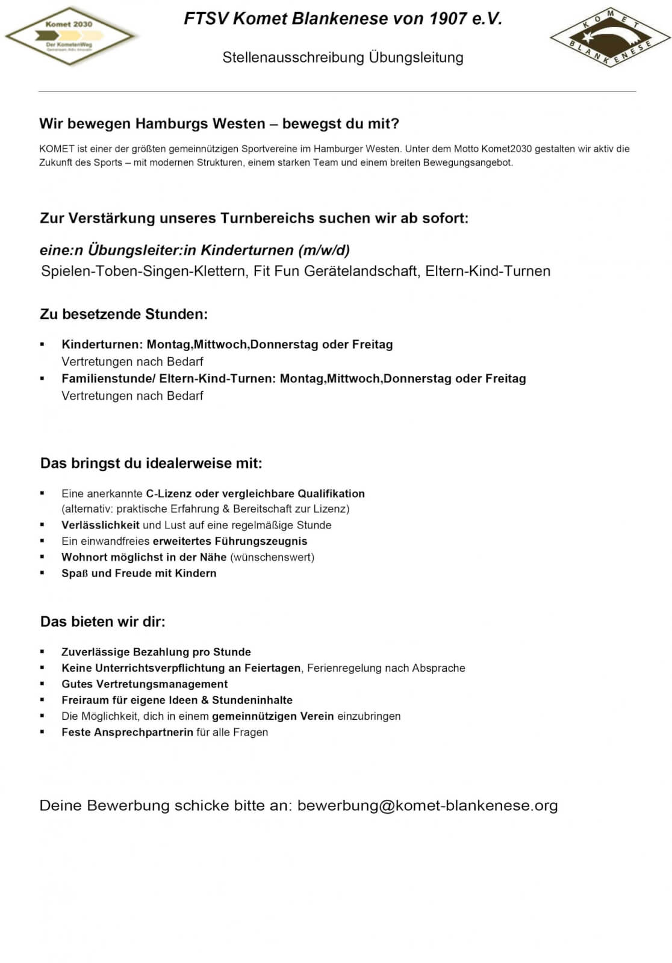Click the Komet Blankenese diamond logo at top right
(610, 37)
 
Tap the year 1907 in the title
(448, 19)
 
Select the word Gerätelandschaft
(361, 271)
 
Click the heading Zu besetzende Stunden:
(124, 314)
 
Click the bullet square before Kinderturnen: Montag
(42, 345)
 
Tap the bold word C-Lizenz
(169, 494)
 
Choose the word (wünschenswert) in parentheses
(272, 557)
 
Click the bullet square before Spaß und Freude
(42, 573)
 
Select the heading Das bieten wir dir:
(103, 622)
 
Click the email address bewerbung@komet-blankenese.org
(428, 805)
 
